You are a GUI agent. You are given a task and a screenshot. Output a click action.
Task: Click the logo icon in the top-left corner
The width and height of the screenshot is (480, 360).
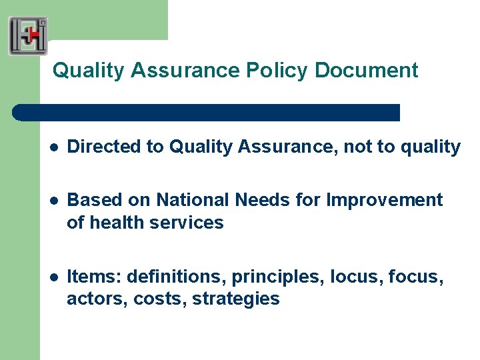click(28, 35)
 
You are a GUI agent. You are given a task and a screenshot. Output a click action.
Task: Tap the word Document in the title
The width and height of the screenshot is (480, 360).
click(367, 70)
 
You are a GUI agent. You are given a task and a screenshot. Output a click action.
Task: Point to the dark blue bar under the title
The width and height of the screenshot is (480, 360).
click(207, 112)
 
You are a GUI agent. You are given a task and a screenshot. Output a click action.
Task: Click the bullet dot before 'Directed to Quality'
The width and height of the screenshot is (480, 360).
click(53, 147)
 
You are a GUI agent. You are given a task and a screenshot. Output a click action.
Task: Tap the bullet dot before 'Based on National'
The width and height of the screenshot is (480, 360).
click(53, 201)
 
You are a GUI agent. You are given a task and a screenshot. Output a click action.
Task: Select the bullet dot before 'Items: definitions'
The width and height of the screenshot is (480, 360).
click(53, 277)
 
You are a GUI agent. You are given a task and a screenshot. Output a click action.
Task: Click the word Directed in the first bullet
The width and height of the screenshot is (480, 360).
click(97, 147)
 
